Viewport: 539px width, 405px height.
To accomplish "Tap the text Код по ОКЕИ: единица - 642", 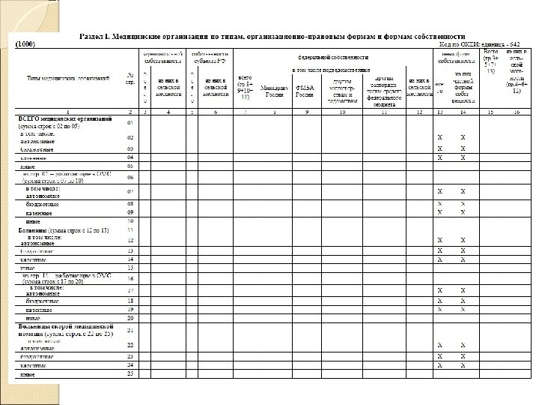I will pyautogui.click(x=478, y=44).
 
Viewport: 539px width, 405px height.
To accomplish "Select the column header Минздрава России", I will pyautogui.click(x=275, y=91).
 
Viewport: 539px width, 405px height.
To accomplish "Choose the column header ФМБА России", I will pyautogui.click(x=304, y=91).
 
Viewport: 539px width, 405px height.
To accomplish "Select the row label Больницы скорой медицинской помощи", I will pyautogui.click(x=65, y=331).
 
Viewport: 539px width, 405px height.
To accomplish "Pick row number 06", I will pyautogui.click(x=130, y=178).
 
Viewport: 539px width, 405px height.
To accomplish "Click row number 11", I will pyautogui.click(x=130, y=230).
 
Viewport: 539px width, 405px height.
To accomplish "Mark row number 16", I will pyautogui.click(x=130, y=277).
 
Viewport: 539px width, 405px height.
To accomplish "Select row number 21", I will pyautogui.click(x=130, y=329).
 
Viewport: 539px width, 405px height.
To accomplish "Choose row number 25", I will pyautogui.click(x=130, y=373).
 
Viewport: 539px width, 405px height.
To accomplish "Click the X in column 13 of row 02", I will pyautogui.click(x=439, y=138).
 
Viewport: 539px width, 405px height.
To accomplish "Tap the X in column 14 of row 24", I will pyautogui.click(x=463, y=364).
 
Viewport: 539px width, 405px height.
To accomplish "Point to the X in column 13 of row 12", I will pyautogui.click(x=439, y=240).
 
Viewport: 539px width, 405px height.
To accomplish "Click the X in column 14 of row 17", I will pyautogui.click(x=463, y=290).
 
